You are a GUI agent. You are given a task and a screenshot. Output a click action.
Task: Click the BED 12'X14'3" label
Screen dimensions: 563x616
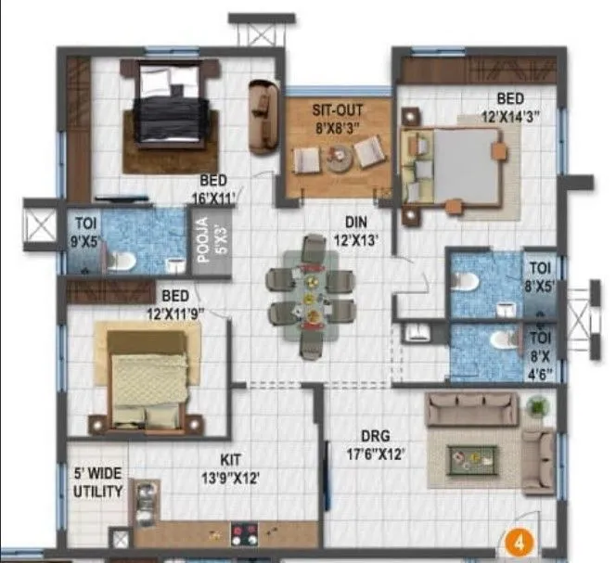point(509,108)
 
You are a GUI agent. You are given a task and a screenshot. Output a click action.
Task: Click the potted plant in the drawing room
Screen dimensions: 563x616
point(537,406)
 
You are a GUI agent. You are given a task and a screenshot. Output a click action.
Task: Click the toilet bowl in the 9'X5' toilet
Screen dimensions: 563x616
point(120,261)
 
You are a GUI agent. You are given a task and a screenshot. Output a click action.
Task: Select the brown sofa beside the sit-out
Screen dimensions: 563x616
point(263,116)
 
